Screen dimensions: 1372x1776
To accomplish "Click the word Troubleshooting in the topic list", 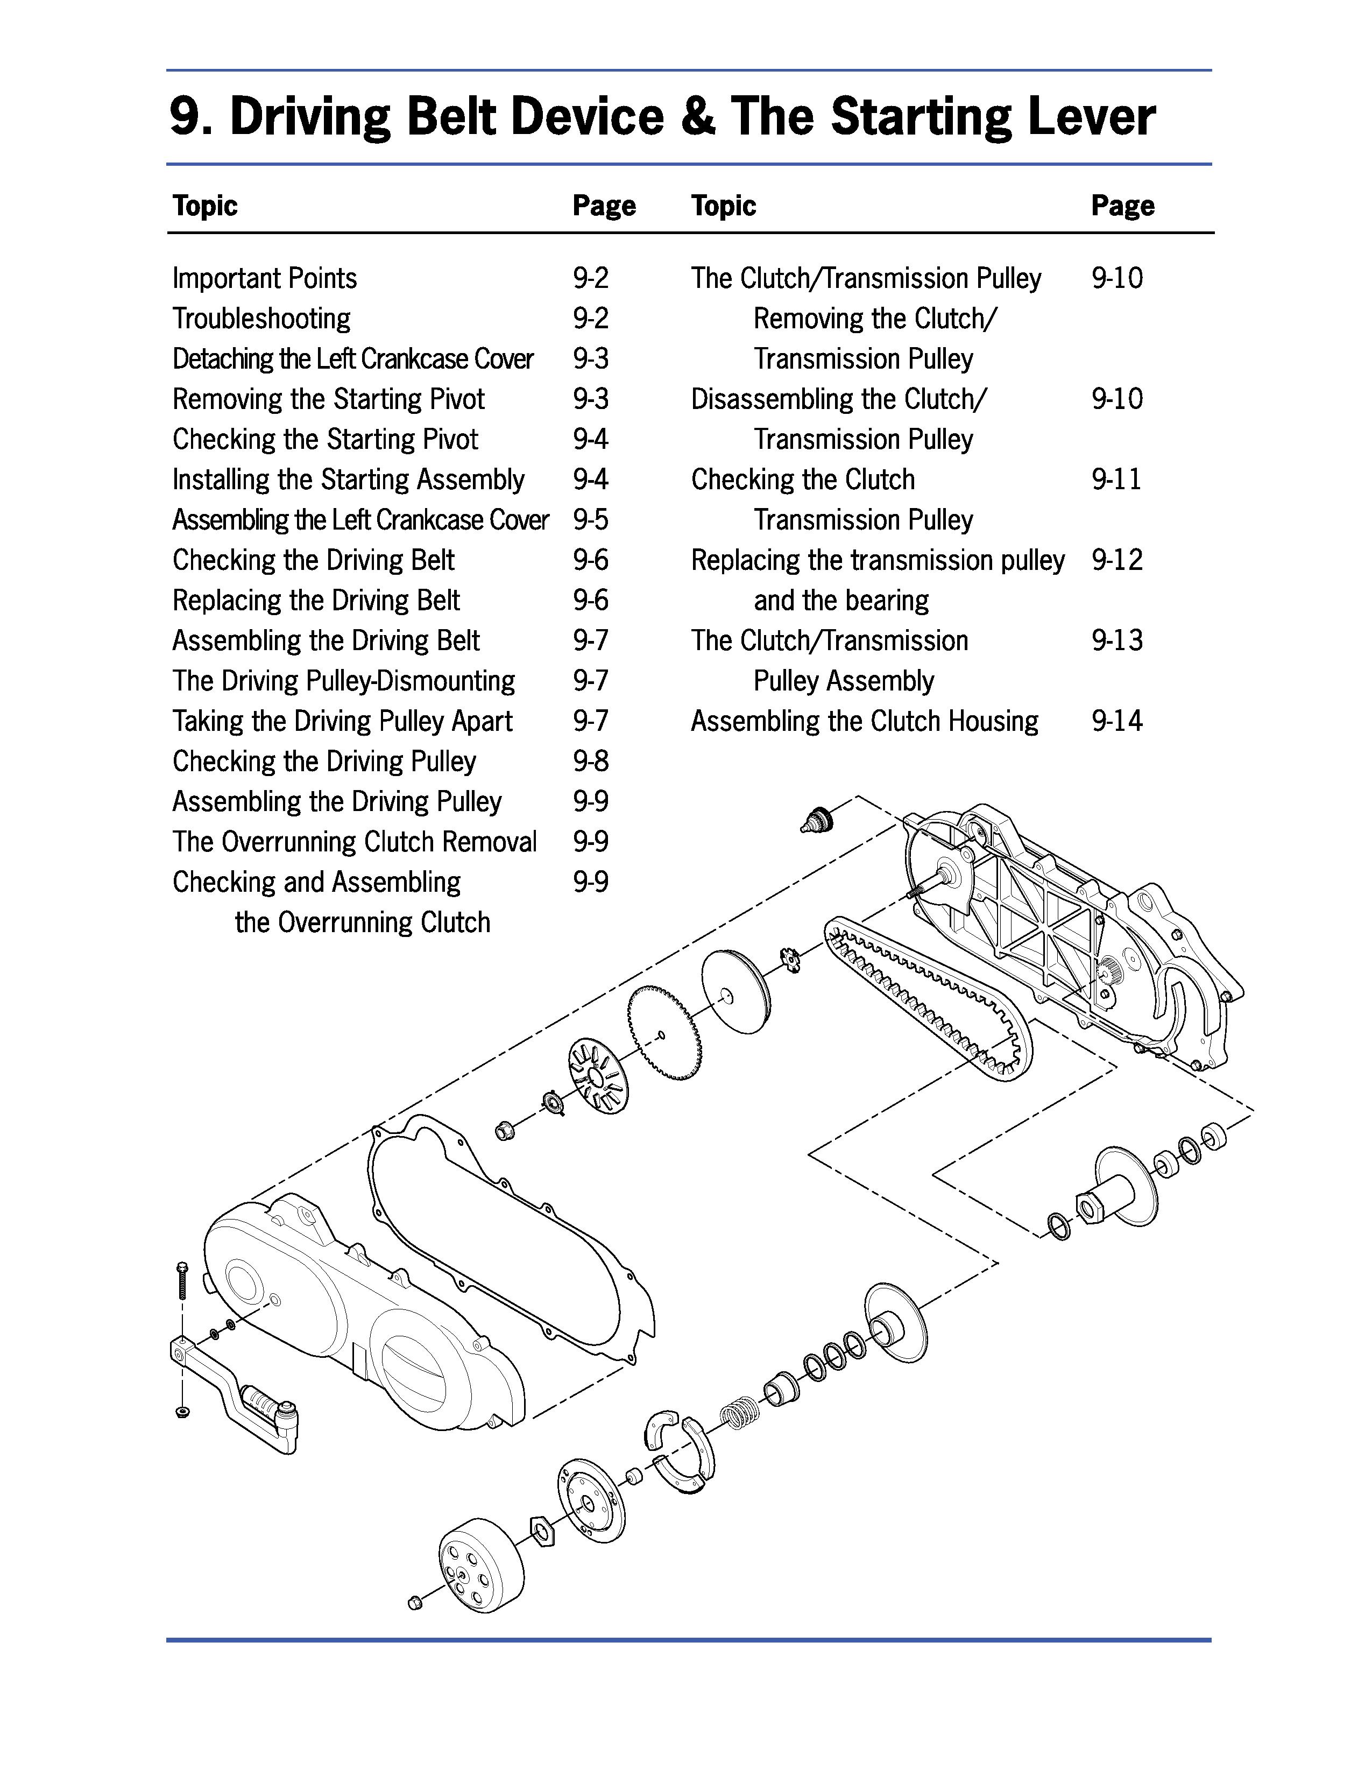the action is click(261, 319).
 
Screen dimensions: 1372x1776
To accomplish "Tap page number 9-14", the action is click(1117, 721).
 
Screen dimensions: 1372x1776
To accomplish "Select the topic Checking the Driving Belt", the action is click(313, 560).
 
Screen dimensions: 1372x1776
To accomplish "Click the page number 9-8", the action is click(590, 761).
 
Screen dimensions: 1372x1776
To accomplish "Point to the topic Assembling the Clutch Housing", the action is click(865, 721).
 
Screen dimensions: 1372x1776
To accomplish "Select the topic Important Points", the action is click(264, 279).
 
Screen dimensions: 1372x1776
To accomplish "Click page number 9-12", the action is click(1117, 560).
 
